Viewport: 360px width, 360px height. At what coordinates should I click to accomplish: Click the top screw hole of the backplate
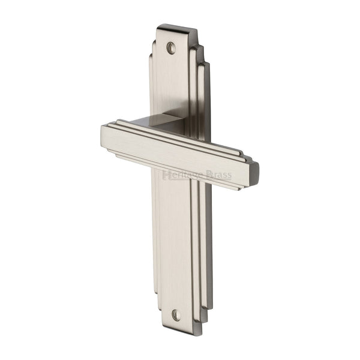pyautogui.click(x=172, y=47)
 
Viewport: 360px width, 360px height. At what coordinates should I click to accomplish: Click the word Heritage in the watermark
pyautogui.click(x=182, y=175)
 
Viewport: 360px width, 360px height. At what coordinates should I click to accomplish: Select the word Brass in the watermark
pyautogui.click(x=219, y=175)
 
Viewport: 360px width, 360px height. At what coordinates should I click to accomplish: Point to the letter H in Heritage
pyautogui.click(x=166, y=175)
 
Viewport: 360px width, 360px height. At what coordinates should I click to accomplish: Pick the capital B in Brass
pyautogui.click(x=208, y=175)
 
